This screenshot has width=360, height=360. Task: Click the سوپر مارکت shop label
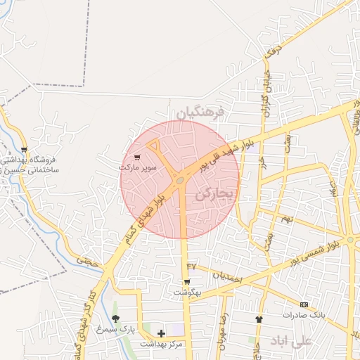pyautogui.click(x=136, y=169)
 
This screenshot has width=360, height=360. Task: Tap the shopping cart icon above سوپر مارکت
pyautogui.click(x=136, y=157)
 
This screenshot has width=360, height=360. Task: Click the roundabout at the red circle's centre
pyautogui.click(x=181, y=180)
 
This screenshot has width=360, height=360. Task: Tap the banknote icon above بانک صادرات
pyautogui.click(x=304, y=304)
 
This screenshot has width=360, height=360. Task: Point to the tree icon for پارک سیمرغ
pyautogui.click(x=115, y=319)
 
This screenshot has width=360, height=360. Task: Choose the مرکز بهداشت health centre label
pyautogui.click(x=162, y=343)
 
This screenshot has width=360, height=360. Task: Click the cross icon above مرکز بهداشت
pyautogui.click(x=162, y=333)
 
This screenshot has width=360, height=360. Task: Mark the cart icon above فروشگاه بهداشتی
pyautogui.click(x=25, y=149)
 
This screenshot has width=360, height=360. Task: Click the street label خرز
pyautogui.click(x=262, y=160)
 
